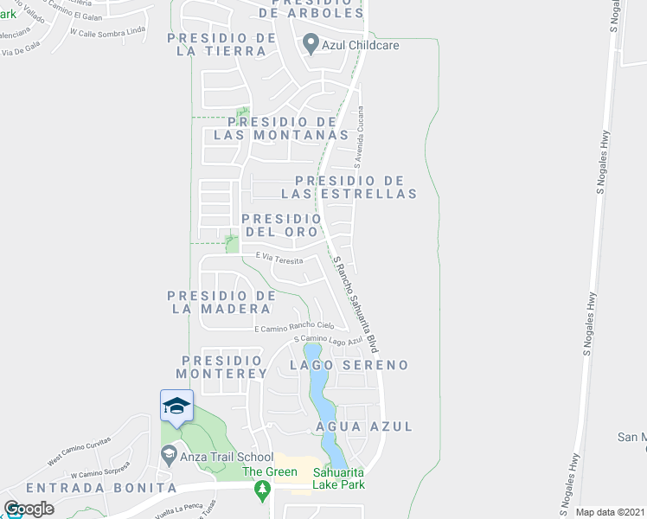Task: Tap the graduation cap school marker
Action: (176, 407)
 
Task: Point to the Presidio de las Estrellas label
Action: (356, 187)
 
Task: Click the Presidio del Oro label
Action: (283, 226)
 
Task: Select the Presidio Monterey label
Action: (222, 367)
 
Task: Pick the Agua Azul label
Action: (364, 426)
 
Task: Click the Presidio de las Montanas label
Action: (280, 128)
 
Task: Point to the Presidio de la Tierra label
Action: (216, 44)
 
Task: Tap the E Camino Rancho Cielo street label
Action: (294, 326)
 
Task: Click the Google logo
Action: (29, 509)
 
